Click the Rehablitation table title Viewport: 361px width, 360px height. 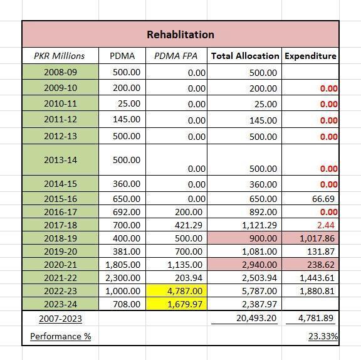180,34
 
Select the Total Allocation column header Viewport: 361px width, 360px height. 245,56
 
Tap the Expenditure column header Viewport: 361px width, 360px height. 310,56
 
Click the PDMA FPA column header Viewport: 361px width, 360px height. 175,56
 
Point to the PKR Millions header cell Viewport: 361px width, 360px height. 60,56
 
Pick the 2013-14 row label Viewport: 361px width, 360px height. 60,160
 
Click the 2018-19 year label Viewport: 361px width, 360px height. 60,238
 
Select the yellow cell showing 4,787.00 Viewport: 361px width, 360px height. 177,291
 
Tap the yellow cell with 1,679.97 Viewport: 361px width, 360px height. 177,304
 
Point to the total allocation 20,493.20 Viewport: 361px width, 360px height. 256,318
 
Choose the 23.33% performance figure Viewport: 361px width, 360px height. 323,337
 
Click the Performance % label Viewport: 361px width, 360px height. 61,337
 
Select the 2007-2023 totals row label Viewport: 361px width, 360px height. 60,319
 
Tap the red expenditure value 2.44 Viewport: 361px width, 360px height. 326,225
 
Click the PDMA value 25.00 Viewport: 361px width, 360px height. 129,103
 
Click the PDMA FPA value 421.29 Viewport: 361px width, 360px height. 189,225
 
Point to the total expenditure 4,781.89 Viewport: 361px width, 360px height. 316,318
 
